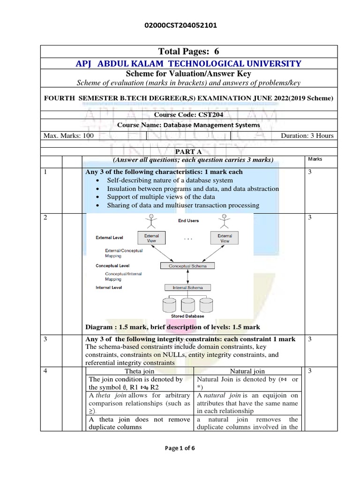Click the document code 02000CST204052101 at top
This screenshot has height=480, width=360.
180,26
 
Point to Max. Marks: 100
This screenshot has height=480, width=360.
68,136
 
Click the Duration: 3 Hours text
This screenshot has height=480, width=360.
307,136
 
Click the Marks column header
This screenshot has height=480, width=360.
315,159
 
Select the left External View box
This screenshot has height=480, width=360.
151,238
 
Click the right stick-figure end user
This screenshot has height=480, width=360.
225,220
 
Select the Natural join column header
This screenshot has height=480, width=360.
247,371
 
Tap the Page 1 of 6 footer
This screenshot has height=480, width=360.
180,448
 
